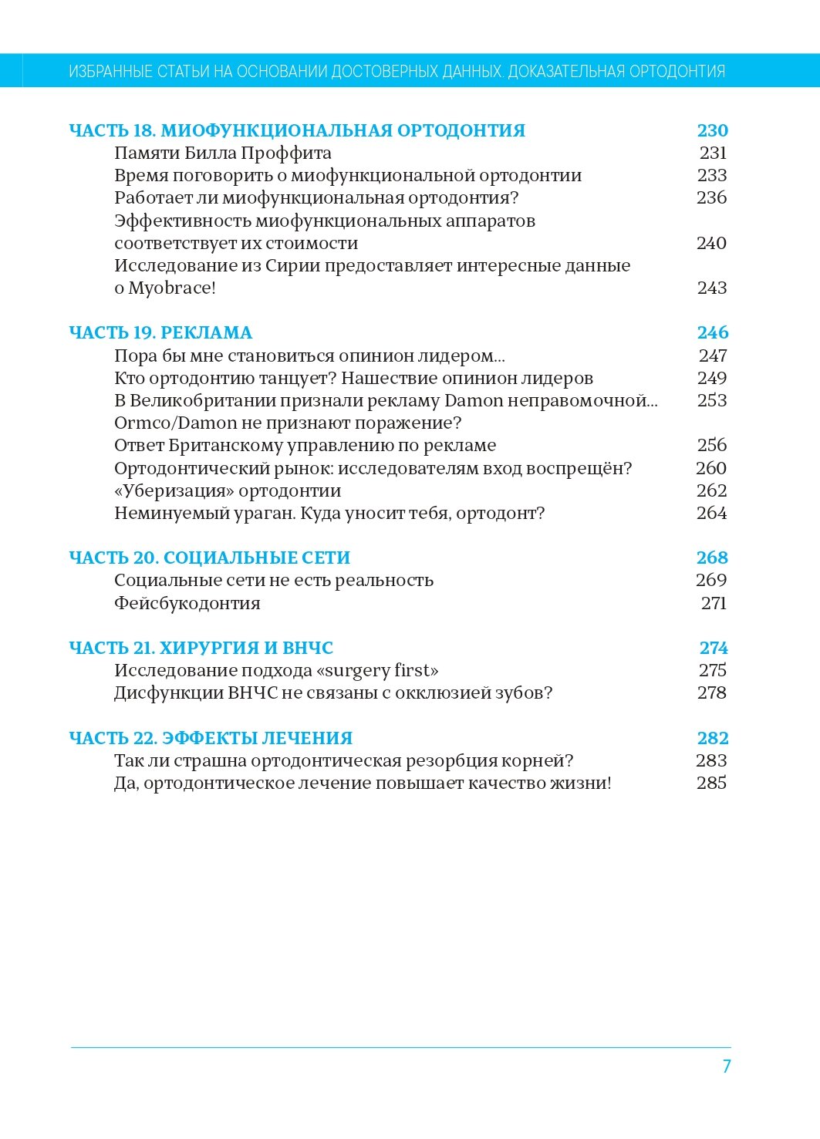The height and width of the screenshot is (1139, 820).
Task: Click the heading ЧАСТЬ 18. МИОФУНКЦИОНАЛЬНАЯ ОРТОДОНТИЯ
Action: (x=297, y=131)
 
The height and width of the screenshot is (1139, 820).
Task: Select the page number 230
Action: (x=712, y=131)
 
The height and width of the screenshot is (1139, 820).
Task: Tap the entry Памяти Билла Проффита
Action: (x=223, y=153)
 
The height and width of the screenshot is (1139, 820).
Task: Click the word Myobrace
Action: (x=169, y=288)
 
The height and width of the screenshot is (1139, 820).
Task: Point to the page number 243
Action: (x=711, y=288)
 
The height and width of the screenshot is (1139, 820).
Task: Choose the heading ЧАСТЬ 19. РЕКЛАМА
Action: (x=160, y=333)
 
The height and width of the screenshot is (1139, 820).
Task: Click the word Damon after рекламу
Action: (x=474, y=401)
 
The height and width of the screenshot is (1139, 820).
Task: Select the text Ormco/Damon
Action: (x=176, y=423)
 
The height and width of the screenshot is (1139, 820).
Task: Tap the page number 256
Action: (x=711, y=446)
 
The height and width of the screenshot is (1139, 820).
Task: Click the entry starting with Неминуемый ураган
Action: (x=329, y=514)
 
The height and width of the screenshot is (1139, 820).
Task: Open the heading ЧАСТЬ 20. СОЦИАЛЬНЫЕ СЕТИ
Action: (x=210, y=558)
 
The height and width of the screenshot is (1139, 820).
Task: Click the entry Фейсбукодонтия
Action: (x=187, y=604)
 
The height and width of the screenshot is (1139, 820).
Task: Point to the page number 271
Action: (x=714, y=604)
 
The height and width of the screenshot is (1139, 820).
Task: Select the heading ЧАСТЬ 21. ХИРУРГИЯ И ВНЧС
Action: (x=201, y=649)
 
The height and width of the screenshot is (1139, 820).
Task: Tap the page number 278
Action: (x=711, y=693)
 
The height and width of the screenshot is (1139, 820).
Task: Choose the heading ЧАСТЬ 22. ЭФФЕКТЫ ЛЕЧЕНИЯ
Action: (x=211, y=739)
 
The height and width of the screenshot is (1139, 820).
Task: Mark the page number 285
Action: (x=711, y=783)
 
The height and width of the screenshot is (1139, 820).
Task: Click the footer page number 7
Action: (x=726, y=1067)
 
